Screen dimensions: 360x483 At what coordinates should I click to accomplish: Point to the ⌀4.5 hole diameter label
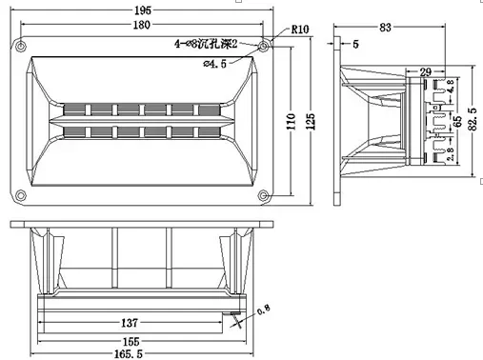(x=218, y=64)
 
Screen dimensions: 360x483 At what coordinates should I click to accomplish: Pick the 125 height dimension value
(x=308, y=121)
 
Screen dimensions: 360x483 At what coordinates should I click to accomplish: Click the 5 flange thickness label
(x=355, y=44)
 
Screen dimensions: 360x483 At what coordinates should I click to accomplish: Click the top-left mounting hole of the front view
(x=19, y=44)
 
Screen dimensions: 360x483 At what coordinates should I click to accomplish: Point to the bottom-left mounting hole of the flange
(x=19, y=196)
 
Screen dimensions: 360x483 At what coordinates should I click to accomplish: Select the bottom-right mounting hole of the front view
(x=264, y=196)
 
